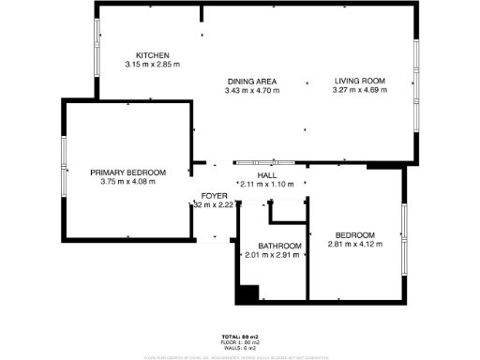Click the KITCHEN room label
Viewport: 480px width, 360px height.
[x=151, y=54]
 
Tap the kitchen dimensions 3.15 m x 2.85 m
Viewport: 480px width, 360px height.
[x=151, y=65]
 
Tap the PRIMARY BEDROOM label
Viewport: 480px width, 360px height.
[x=127, y=172]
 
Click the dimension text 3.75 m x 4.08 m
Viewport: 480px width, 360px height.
[x=127, y=182]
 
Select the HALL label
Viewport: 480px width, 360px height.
[x=266, y=174]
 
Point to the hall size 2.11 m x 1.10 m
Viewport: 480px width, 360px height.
[x=266, y=184]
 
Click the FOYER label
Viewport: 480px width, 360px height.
[x=212, y=196]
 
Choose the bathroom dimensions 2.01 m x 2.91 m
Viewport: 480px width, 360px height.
[x=272, y=254]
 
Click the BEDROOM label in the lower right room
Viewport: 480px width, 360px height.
[x=355, y=234]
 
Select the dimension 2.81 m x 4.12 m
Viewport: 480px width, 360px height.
[x=355, y=245]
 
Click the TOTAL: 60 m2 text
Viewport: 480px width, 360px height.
[x=240, y=336]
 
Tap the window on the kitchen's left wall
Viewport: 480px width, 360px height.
[x=97, y=55]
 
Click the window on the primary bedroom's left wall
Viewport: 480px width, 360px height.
[x=63, y=167]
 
